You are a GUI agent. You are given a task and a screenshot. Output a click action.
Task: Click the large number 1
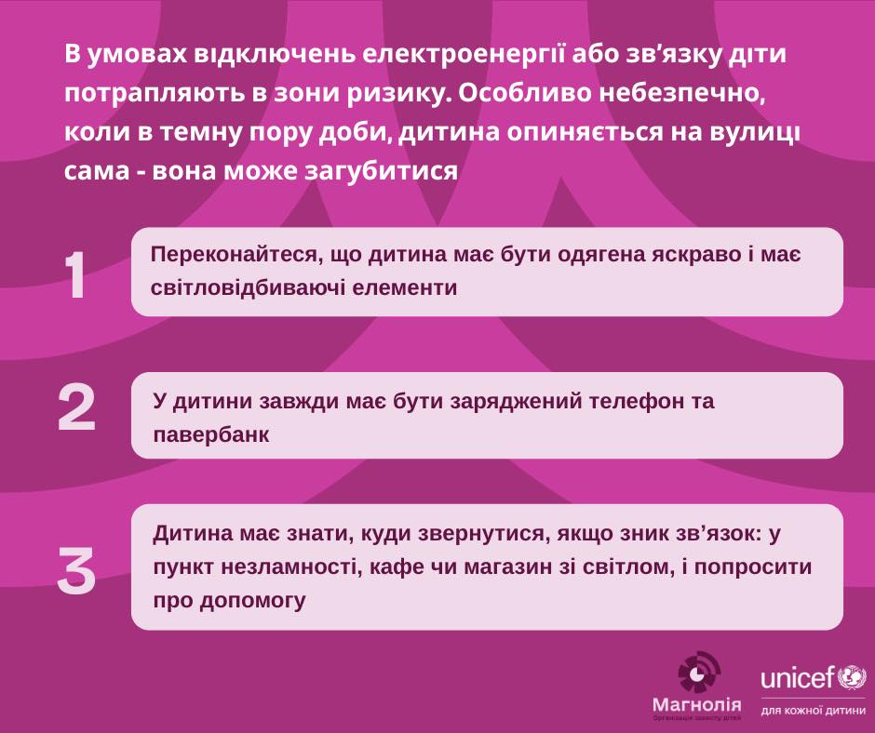(x=77, y=275)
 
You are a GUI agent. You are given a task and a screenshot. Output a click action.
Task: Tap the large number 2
(x=76, y=409)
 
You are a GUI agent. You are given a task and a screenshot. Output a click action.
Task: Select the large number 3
(x=76, y=570)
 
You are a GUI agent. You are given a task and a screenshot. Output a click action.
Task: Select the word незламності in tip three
(x=280, y=566)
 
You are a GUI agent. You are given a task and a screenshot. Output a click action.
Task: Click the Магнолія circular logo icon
(x=698, y=673)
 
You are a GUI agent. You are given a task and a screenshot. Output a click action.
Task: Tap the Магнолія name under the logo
(x=697, y=707)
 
